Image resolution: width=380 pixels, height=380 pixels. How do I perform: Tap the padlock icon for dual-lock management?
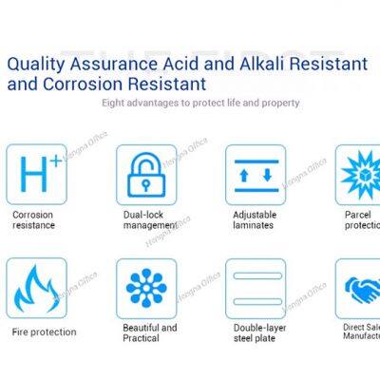coord(145,174)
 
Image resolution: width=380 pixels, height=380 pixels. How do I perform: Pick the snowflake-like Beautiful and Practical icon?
coord(145,287)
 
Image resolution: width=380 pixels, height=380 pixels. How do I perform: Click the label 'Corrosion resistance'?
coord(33,220)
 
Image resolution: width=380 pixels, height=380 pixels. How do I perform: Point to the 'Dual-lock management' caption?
coord(150,220)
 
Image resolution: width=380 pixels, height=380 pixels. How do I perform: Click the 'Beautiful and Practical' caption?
coord(150,332)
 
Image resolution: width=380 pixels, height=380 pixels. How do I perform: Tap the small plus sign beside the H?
coord(56,162)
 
